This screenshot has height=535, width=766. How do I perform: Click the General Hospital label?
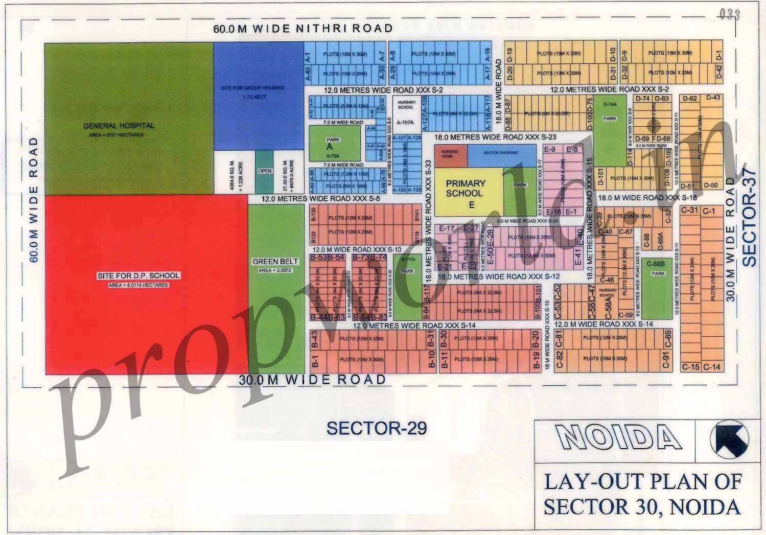[119, 126]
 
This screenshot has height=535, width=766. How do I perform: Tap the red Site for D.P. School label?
[138, 276]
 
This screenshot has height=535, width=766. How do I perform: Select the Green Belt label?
[275, 262]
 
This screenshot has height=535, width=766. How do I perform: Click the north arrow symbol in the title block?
[729, 439]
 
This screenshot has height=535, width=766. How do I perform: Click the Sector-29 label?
[376, 428]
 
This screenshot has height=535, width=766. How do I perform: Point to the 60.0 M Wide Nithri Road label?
[303, 29]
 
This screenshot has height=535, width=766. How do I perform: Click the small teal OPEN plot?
[265, 171]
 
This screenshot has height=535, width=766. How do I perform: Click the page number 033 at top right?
[729, 14]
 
